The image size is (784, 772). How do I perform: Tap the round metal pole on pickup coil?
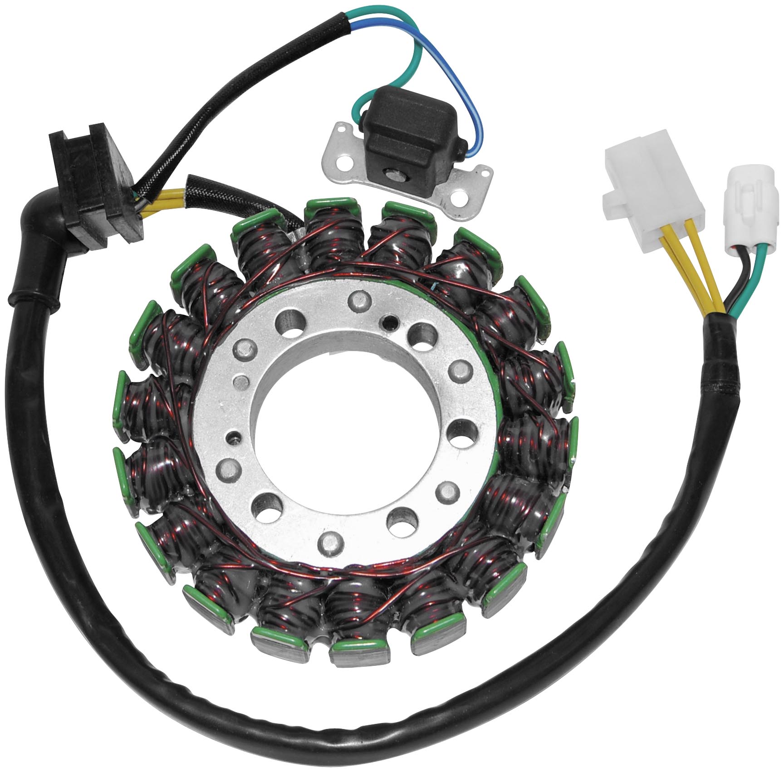tap(391, 173)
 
